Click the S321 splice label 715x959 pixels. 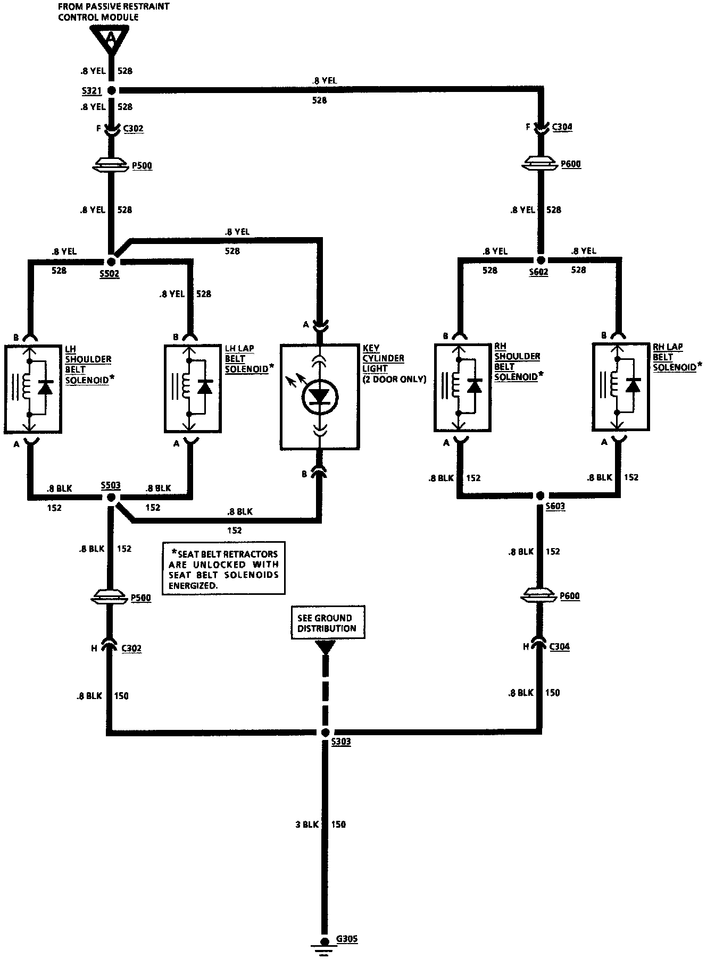[91, 91]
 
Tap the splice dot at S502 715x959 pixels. [112, 262]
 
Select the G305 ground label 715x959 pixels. [346, 939]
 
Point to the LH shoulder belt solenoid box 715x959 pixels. [33, 389]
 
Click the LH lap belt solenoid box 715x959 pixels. [193, 389]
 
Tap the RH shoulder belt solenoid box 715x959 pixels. [462, 387]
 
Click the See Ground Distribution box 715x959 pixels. [328, 623]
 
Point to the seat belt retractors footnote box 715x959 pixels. [224, 568]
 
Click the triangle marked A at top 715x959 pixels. [111, 39]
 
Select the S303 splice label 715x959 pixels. [340, 742]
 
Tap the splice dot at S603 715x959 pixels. [541, 495]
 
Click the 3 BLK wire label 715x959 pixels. [306, 825]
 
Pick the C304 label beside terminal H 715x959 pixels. [559, 647]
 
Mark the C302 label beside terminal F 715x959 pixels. [133, 129]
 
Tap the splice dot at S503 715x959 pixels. [112, 497]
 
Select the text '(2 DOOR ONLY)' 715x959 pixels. [394, 379]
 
